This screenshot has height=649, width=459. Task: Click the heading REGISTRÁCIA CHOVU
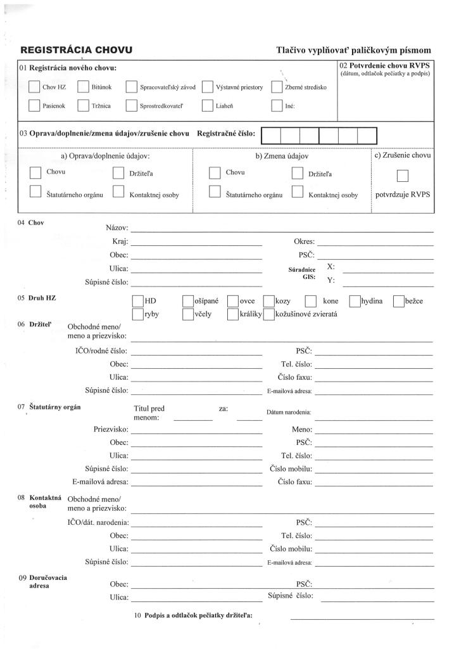[77, 49]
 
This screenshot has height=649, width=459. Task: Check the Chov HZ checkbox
[35, 87]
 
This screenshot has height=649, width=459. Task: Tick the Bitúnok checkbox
[83, 87]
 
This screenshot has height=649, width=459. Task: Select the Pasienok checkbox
[35, 106]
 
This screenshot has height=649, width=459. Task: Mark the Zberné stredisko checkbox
[277, 87]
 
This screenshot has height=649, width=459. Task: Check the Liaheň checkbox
[207, 106]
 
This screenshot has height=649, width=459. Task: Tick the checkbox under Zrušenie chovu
[402, 176]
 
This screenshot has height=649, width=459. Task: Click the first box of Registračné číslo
[271, 136]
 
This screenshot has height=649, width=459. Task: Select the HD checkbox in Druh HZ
[137, 302]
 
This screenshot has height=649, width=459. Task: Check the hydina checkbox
[355, 302]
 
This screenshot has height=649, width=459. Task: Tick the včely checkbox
[188, 314]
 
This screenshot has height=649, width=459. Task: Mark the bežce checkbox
[398, 302]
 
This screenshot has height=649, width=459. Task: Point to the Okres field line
[374, 244]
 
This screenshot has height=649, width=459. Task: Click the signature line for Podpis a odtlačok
[362, 617]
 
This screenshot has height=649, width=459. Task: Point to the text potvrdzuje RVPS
[403, 195]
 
